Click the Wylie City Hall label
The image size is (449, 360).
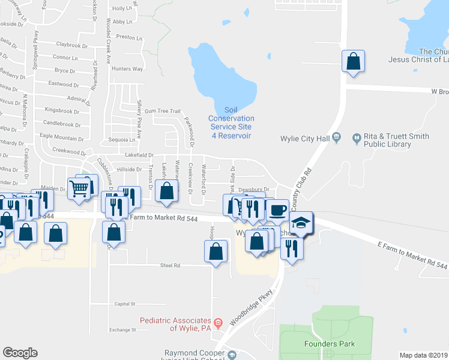[x=305, y=139]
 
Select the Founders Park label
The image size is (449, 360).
[x=330, y=344]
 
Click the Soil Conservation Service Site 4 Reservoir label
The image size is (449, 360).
[x=231, y=122]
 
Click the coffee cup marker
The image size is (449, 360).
[x=277, y=210]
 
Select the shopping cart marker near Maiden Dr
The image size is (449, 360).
[x=79, y=188]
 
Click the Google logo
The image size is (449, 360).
[x=20, y=353]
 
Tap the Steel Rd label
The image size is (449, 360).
[x=170, y=265]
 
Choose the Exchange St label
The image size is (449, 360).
[x=119, y=329]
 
